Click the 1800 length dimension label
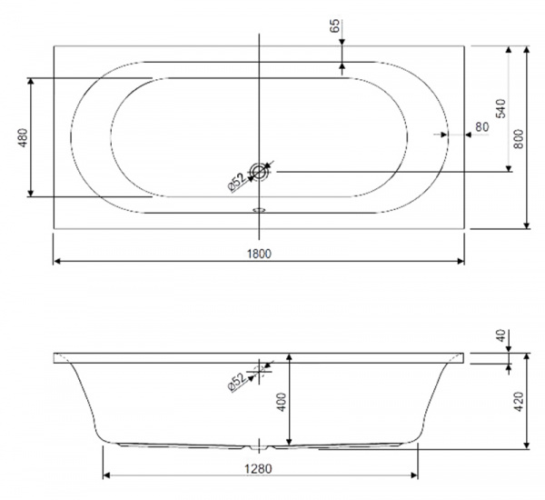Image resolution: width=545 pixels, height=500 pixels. pyautogui.click(x=259, y=254)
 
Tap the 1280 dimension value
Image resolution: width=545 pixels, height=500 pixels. pyautogui.click(x=258, y=469)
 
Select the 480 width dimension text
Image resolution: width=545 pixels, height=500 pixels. pyautogui.click(x=23, y=138)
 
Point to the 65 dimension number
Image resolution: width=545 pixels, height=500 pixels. pyautogui.click(x=334, y=25)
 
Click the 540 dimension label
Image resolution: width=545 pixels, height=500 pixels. pyautogui.click(x=500, y=108)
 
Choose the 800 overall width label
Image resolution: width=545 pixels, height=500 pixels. pyautogui.click(x=519, y=139)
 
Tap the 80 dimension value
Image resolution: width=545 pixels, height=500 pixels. pyautogui.click(x=481, y=127)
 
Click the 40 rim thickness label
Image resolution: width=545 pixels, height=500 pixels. pyautogui.click(x=501, y=335)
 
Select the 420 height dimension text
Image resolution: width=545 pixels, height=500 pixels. pyautogui.click(x=519, y=402)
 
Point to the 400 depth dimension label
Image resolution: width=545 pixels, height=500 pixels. pyautogui.click(x=282, y=402)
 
